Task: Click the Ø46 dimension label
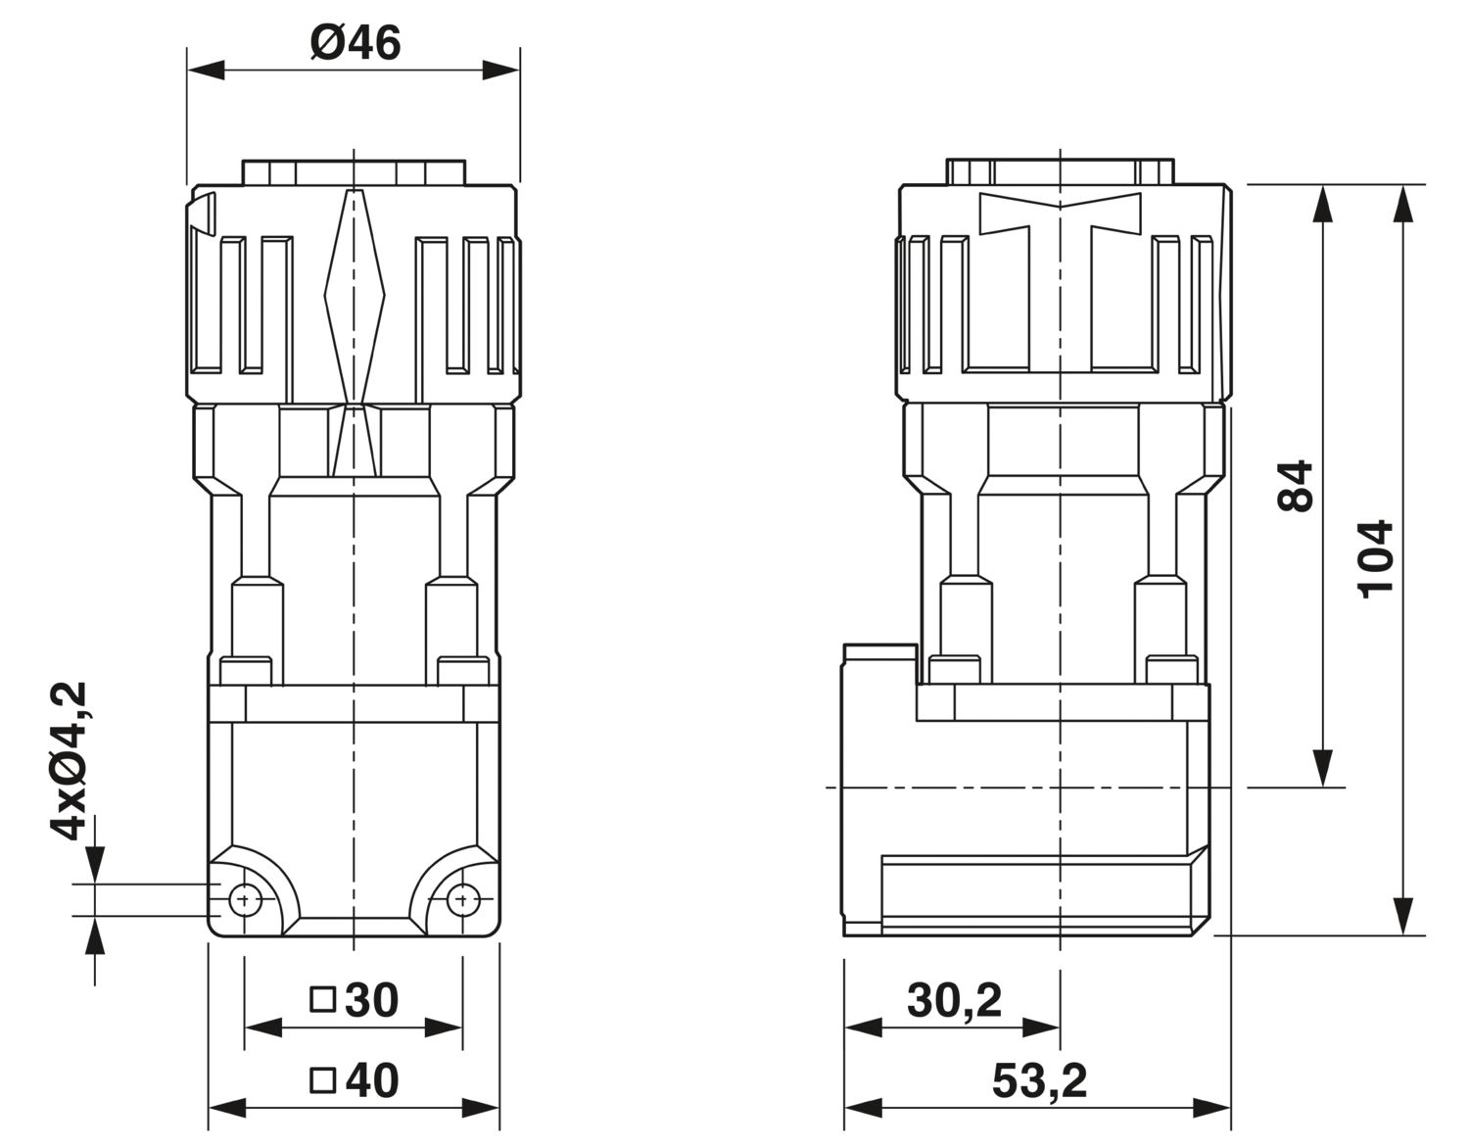click(x=355, y=42)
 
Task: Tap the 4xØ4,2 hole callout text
click(x=69, y=761)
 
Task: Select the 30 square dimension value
click(x=372, y=1001)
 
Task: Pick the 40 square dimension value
click(x=372, y=1081)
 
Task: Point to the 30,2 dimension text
click(x=954, y=1001)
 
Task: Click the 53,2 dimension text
click(x=1039, y=1081)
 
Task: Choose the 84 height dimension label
click(x=1295, y=486)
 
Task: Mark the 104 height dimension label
click(x=1375, y=559)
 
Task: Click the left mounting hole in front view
click(x=246, y=900)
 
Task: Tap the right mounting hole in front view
click(x=463, y=900)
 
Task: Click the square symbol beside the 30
click(x=322, y=1000)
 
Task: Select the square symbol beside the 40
click(x=322, y=1080)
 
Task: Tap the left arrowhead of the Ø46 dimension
click(x=207, y=70)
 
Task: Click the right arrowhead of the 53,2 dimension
click(x=1211, y=1108)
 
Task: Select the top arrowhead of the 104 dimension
click(x=1403, y=203)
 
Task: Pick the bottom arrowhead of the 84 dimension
click(x=1322, y=769)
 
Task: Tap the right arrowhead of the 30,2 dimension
click(x=1041, y=1028)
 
